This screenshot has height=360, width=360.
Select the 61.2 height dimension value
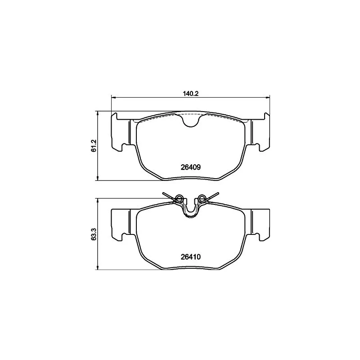click(x=94, y=146)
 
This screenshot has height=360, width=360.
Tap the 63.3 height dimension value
click(x=94, y=234)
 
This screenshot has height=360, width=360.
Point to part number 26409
click(x=190, y=166)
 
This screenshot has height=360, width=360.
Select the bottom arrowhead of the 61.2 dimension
click(x=98, y=179)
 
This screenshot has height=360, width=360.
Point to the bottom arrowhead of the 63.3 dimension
click(x=98, y=268)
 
